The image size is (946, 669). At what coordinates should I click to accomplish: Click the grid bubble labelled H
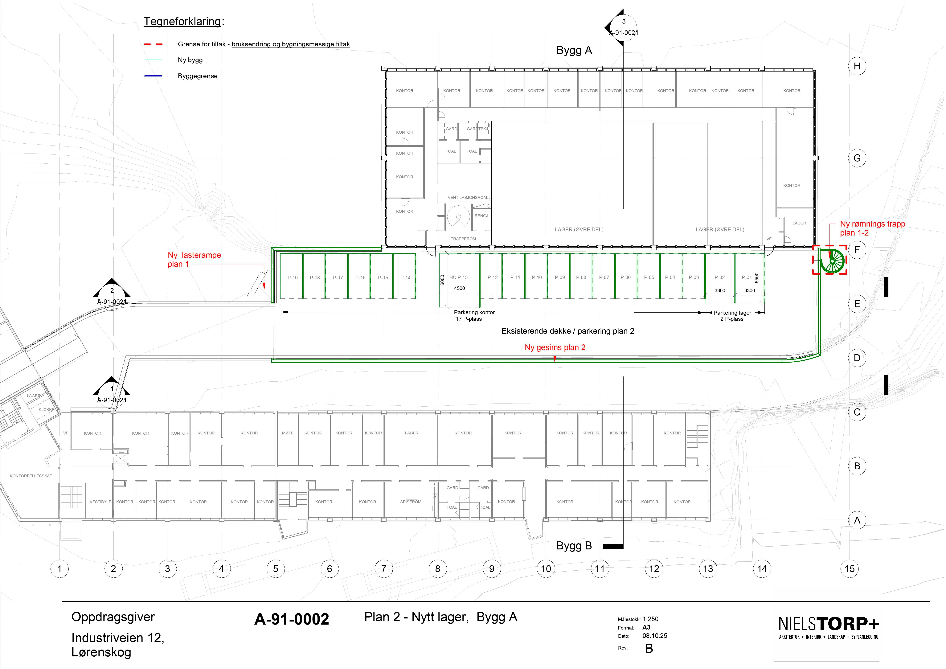[857, 66]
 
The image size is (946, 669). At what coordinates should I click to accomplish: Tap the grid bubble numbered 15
[850, 569]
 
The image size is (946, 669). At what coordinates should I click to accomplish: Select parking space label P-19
[293, 278]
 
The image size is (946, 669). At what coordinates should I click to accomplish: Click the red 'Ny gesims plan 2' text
[555, 347]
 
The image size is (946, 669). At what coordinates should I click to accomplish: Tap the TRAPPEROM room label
[463, 239]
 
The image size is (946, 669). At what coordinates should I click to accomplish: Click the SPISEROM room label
[411, 502]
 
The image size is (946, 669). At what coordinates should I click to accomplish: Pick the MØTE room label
[288, 433]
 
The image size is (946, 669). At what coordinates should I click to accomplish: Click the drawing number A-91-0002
[292, 619]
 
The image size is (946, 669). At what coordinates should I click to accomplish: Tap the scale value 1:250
[651, 619]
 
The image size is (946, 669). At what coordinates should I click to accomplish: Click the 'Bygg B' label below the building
[574, 546]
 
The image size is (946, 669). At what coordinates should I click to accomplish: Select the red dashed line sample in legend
[153, 44]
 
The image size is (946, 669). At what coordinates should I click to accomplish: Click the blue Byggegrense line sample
[153, 76]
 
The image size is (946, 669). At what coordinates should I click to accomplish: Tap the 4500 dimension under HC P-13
[459, 288]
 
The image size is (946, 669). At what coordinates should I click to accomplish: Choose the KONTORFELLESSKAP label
[31, 476]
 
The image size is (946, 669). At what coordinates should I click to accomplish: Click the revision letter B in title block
[649, 648]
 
